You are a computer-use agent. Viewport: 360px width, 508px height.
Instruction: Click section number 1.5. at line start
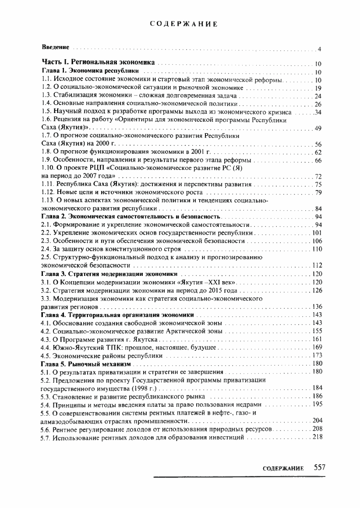point(46,112)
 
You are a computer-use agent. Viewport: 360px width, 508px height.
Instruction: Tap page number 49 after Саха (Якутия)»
point(318,128)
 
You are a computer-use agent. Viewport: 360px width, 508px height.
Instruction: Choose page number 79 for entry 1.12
point(318,192)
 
